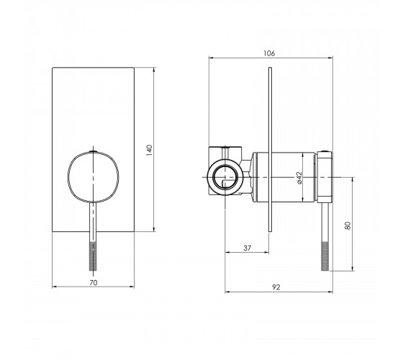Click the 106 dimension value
coord(269,53)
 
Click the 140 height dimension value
coord(149,150)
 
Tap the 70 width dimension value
coord(94,282)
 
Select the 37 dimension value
coord(247,248)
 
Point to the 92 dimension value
coord(276,287)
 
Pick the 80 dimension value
coord(348,225)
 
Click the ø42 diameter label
coord(299,178)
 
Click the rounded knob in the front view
coord(94,177)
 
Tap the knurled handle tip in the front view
coord(93,256)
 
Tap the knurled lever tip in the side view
coord(325,256)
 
